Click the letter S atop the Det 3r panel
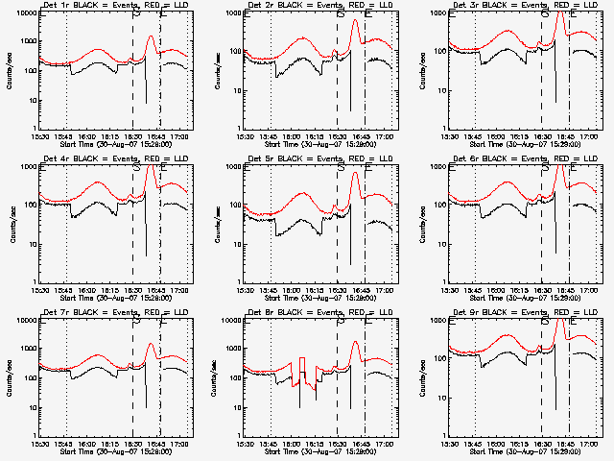coord(546,13)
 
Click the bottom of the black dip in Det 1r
coord(147,102)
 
